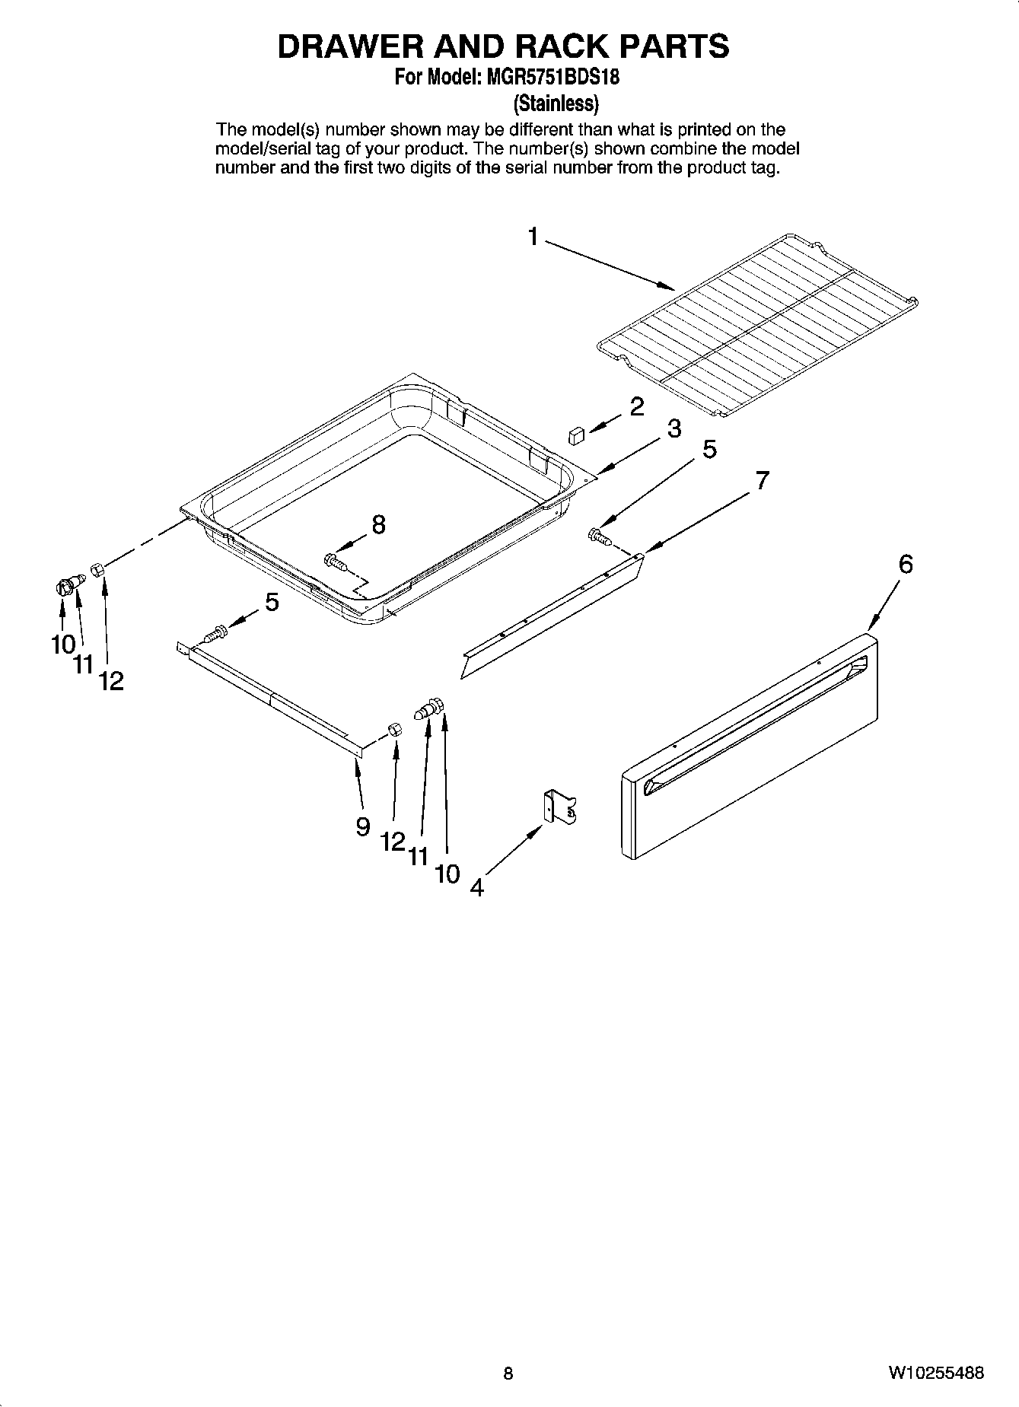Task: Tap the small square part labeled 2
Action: pyautogui.click(x=576, y=435)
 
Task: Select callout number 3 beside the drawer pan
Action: pyautogui.click(x=673, y=429)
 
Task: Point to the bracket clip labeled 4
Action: pyautogui.click(x=560, y=807)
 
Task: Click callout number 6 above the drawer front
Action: pyautogui.click(x=906, y=564)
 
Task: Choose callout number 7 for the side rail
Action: pyautogui.click(x=762, y=480)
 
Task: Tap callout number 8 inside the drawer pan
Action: pyautogui.click(x=378, y=524)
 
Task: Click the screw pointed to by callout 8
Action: pyautogui.click(x=335, y=562)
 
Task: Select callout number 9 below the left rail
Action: pyautogui.click(x=363, y=826)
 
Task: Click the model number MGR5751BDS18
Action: pyautogui.click(x=545, y=77)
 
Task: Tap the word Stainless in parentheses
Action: pyautogui.click(x=556, y=102)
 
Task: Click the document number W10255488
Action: pyautogui.click(x=935, y=1374)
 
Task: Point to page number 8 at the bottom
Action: pyautogui.click(x=508, y=1374)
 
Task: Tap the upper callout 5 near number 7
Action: pyautogui.click(x=709, y=449)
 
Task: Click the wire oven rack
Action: pyautogui.click(x=758, y=323)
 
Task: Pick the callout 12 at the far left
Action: pyautogui.click(x=111, y=681)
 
